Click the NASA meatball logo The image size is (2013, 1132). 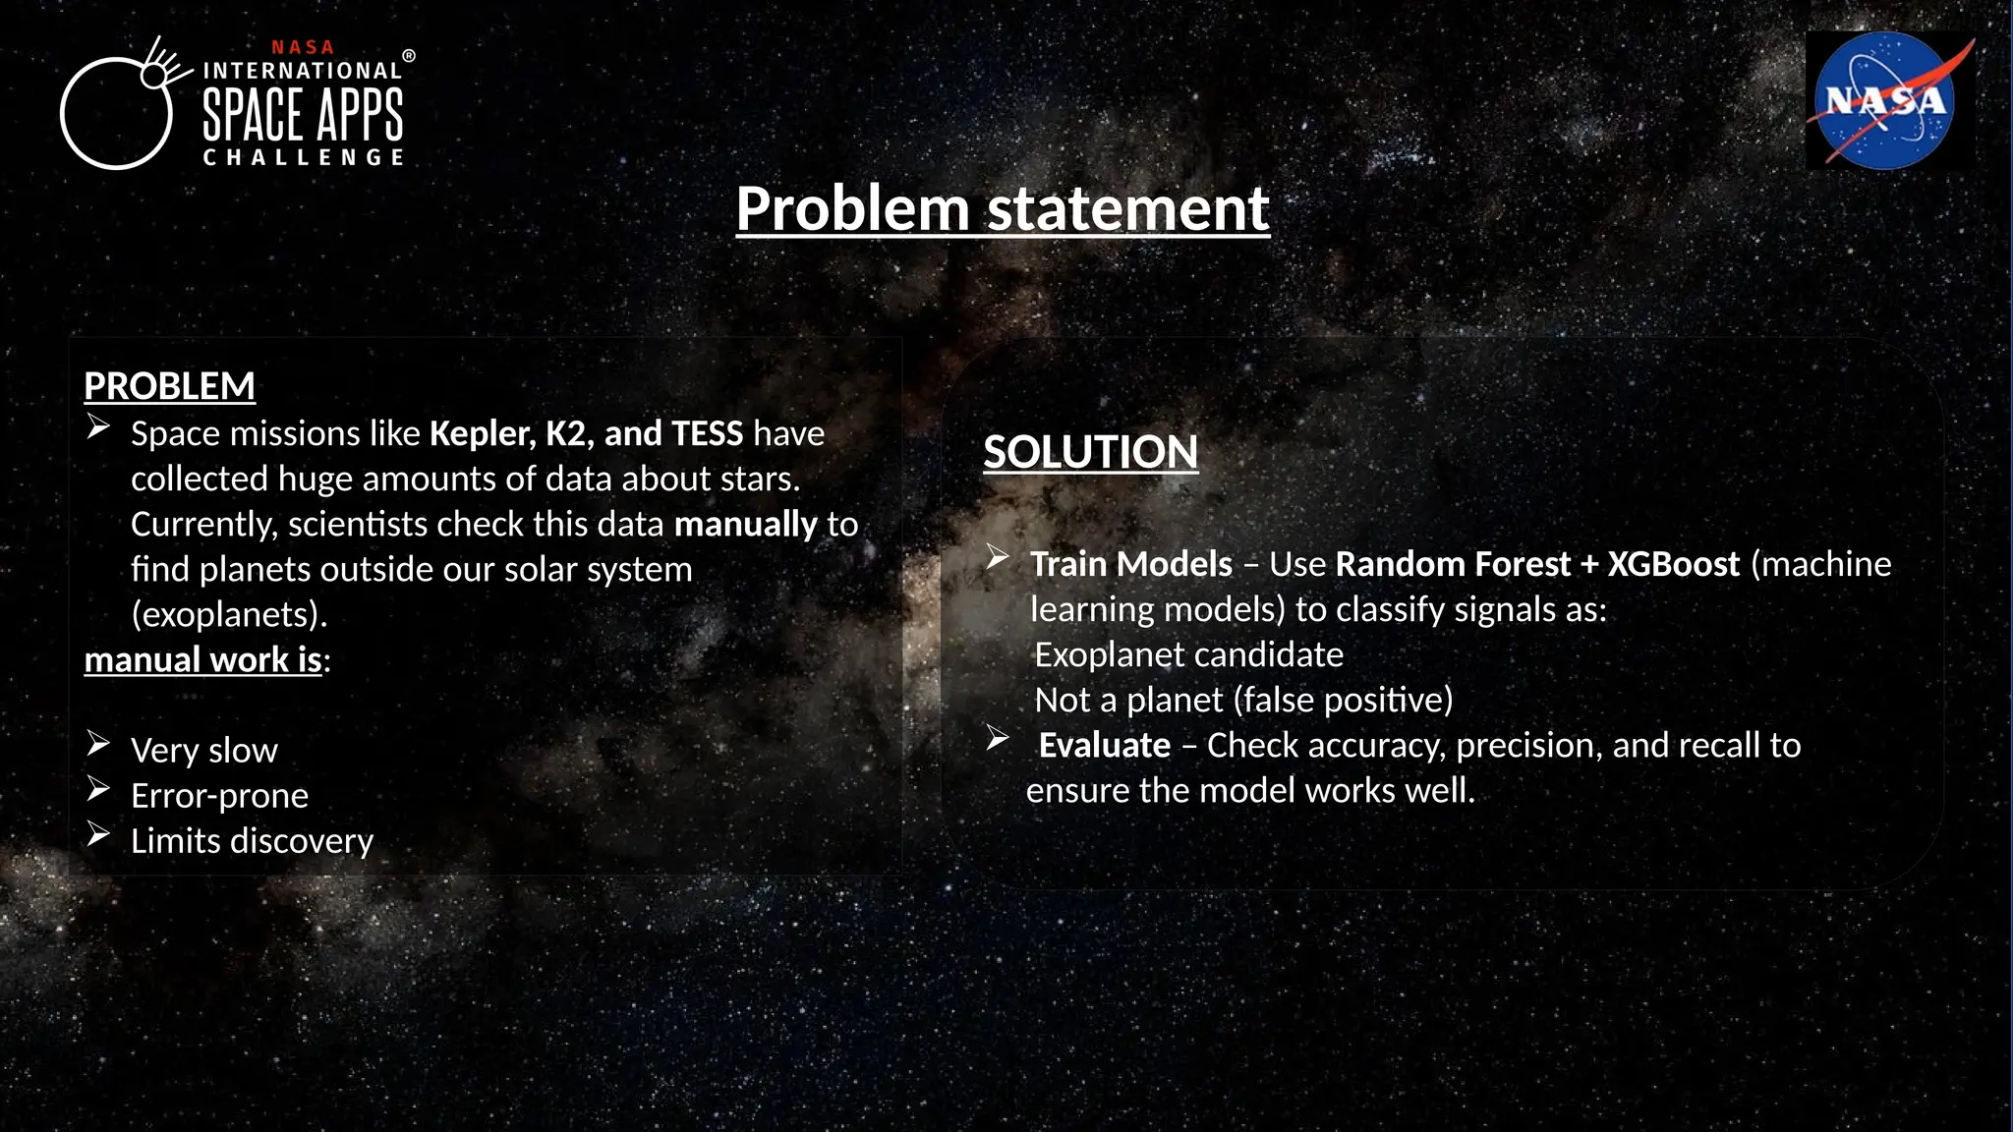pos(1885,101)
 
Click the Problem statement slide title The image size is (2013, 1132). pos(1003,208)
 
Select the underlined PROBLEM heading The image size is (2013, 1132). pos(169,386)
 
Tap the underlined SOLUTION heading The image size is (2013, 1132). pos(1090,452)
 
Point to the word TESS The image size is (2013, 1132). pos(707,433)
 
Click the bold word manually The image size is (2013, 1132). pos(745,525)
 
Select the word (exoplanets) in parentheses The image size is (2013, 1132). pos(229,615)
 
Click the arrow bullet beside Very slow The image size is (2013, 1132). pos(97,744)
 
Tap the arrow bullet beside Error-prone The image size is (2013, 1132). pos(97,789)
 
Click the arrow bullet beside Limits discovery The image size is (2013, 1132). pos(97,834)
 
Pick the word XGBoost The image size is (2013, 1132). pos(1673,564)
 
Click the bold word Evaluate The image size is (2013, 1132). pos(1104,746)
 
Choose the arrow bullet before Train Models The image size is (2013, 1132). pos(997,558)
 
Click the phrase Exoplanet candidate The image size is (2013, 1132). pos(1188,655)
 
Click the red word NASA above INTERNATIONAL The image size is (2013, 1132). pos(303,47)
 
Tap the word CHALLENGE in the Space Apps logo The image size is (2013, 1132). pos(303,157)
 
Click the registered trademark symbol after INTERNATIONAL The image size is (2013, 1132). pos(409,57)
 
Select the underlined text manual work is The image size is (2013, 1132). pos(203,660)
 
